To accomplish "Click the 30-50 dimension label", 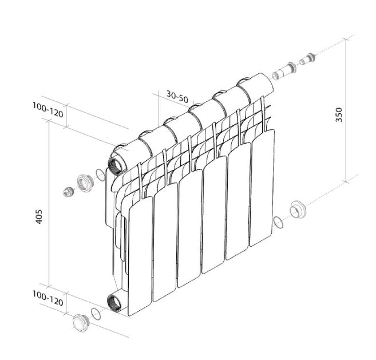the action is (177, 97).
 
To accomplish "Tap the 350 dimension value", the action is (339, 114).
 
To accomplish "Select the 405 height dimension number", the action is (39, 217).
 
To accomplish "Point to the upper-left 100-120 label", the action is (48, 110).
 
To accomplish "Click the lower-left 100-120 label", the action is (48, 298).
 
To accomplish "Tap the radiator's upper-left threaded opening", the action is (116, 164).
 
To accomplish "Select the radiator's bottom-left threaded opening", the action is (114, 303).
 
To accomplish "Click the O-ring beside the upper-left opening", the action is (100, 175).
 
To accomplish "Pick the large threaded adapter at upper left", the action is (85, 183).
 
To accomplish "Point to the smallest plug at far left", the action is (68, 192).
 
